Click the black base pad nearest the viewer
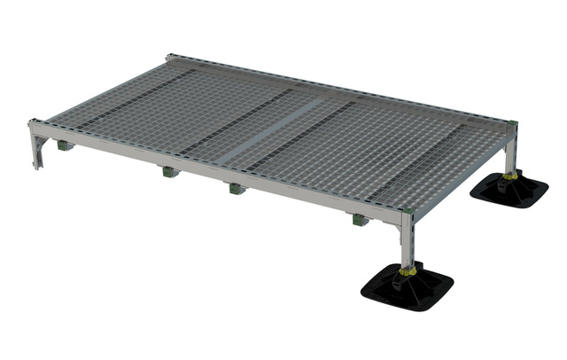point(407,287)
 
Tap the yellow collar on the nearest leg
point(407,270)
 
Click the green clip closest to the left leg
point(64,145)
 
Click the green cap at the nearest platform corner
point(408,211)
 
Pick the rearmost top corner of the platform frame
point(169,58)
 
